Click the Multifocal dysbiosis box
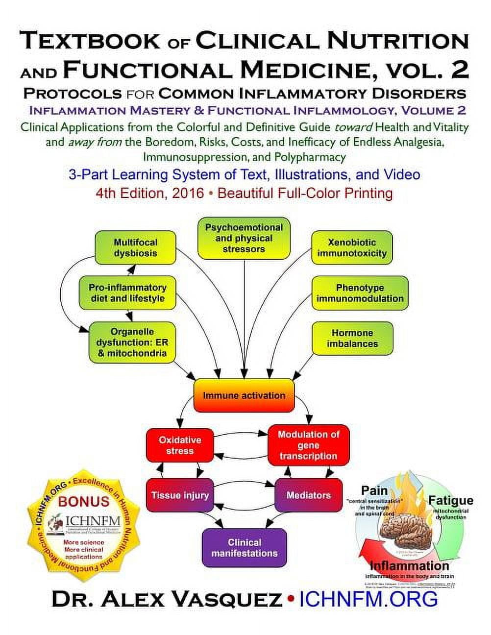coord(135,248)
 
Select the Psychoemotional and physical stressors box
coord(244,238)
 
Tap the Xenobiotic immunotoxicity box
coord(352,248)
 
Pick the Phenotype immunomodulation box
coord(360,293)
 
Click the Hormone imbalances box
coord(352,338)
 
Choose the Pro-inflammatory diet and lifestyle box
coord(127,293)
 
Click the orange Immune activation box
coord(244,395)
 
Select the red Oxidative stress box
coord(180,445)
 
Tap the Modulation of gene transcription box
coord(308,445)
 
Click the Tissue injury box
coord(180,495)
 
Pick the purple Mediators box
coord(308,495)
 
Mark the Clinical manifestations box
coord(244,548)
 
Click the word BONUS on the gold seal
coord(84,501)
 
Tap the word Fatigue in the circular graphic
coord(450,500)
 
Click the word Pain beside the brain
coord(374,490)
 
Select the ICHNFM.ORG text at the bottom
coord(368,599)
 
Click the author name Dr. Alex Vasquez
coord(167,599)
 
